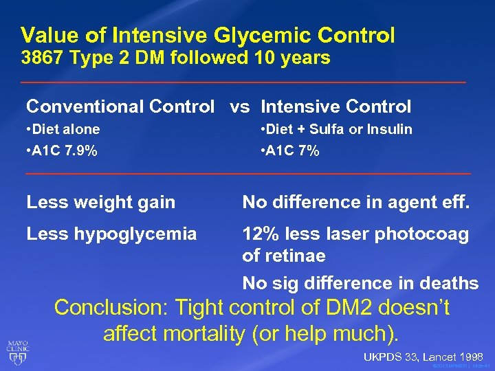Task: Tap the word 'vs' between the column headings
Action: pyautogui.click(x=239, y=106)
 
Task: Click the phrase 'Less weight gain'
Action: pyautogui.click(x=100, y=202)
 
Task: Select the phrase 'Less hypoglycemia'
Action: pyautogui.click(x=111, y=234)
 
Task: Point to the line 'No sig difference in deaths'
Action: pyautogui.click(x=360, y=283)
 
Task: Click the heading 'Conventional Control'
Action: pyautogui.click(x=120, y=106)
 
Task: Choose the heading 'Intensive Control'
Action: pyautogui.click(x=336, y=106)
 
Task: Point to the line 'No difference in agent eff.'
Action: pyautogui.click(x=355, y=202)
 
